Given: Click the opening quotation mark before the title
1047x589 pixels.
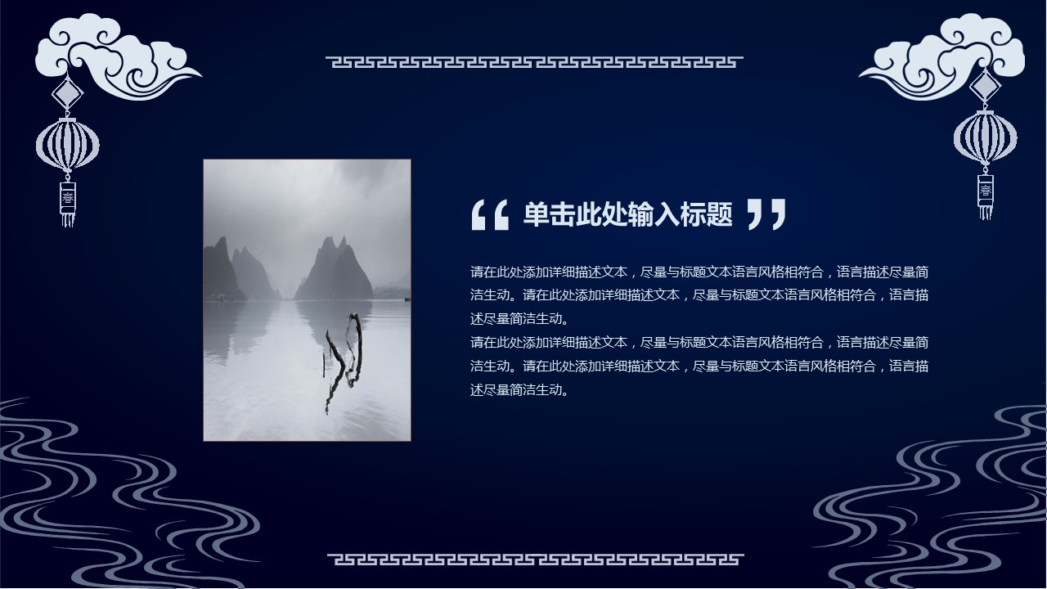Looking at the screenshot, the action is click(x=490, y=215).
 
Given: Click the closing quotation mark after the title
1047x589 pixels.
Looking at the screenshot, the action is click(x=766, y=214).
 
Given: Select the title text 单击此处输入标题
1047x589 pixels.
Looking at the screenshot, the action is click(x=627, y=214).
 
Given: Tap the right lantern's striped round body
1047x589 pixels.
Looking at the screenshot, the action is click(x=986, y=137).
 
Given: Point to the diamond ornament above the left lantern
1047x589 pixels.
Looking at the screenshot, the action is click(x=68, y=93).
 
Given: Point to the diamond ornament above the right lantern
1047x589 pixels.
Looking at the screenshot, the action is click(x=986, y=86).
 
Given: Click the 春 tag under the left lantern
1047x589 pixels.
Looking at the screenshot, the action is click(x=68, y=198).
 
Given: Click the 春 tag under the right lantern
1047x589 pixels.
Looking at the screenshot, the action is click(x=986, y=191).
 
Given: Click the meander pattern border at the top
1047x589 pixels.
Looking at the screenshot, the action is click(x=534, y=62).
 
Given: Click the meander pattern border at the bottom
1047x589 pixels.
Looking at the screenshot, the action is click(x=535, y=559).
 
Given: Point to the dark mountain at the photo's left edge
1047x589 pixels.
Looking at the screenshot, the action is click(x=222, y=271).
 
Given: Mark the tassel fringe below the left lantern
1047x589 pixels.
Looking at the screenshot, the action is click(x=68, y=220).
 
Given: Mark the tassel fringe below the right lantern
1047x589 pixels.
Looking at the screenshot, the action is click(x=986, y=213).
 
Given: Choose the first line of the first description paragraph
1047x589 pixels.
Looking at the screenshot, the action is click(x=699, y=272).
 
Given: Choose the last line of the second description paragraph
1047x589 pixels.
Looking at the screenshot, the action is click(x=519, y=389).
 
